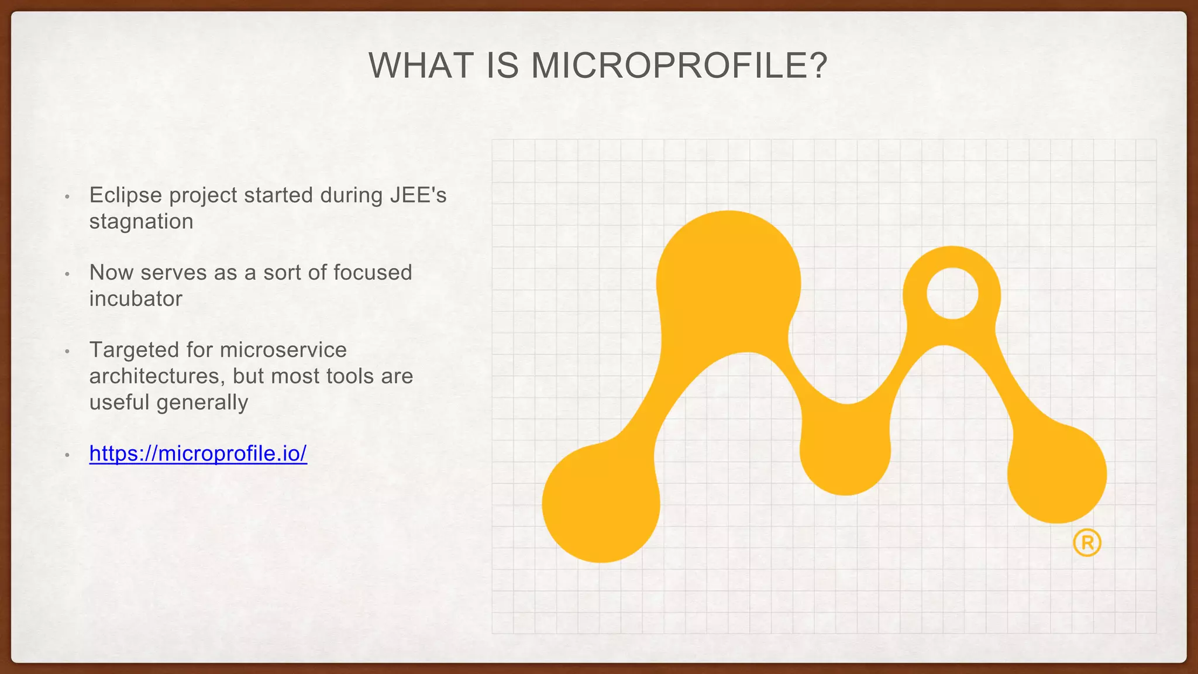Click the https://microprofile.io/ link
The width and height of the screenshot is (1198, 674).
pos(198,453)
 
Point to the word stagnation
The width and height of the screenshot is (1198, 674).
pos(141,222)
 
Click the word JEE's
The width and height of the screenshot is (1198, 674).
pos(418,195)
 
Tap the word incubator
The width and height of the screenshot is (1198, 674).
pos(136,299)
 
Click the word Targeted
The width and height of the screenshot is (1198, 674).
pos(134,350)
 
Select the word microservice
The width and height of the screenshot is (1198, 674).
pos(284,350)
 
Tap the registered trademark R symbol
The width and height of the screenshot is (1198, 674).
pos(1087,543)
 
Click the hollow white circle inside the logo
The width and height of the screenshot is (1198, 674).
pos(952,294)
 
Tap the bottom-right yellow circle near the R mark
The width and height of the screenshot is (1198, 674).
pos(1056,474)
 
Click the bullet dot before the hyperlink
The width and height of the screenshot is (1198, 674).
pos(67,455)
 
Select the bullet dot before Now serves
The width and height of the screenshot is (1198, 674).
pos(67,274)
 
